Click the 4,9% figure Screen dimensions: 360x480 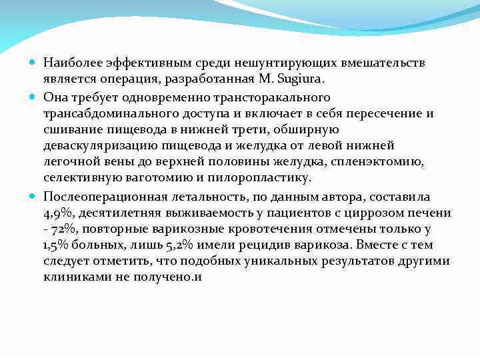(57, 213)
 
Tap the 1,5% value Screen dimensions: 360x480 (58, 245)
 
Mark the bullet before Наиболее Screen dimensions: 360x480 (35, 63)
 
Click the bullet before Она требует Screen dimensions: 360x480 (35, 97)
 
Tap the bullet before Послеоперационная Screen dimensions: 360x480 (35, 197)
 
